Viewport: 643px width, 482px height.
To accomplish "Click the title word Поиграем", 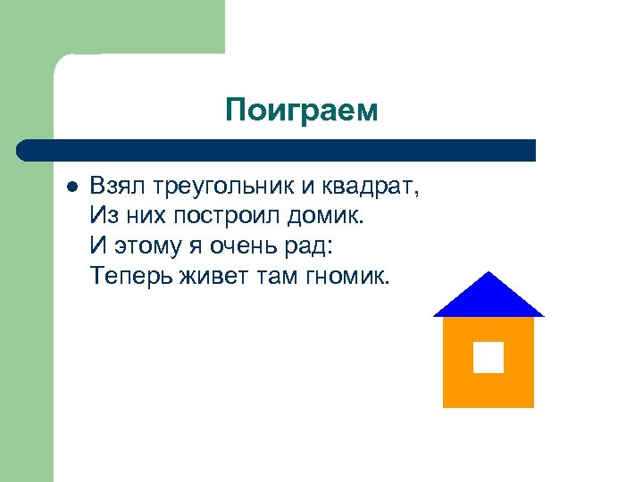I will click(x=302, y=110).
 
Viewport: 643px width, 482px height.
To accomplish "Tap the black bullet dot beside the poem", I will click(x=72, y=188).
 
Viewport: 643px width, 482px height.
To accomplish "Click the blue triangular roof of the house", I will click(x=488, y=300).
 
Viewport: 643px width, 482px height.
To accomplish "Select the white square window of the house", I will click(x=488, y=357).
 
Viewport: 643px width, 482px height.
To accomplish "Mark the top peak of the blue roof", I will click(x=488, y=272).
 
